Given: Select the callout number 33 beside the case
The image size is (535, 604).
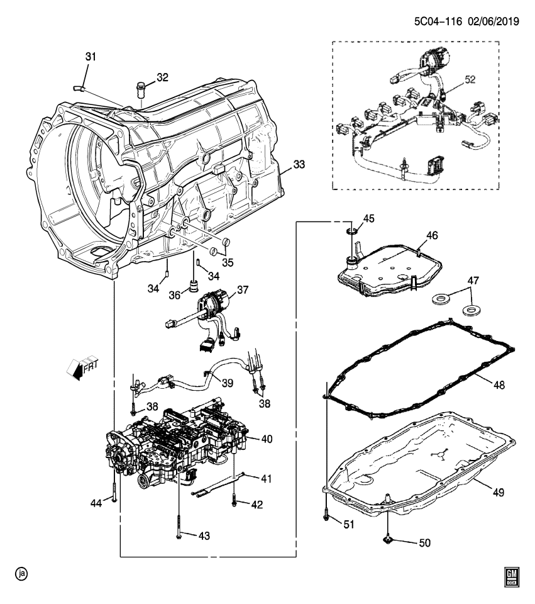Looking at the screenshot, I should coord(299,165).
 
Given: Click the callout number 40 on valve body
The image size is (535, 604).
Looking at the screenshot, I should coord(267,439).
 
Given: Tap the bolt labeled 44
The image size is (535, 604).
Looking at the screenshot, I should coord(113,494).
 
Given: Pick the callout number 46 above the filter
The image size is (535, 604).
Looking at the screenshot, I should coord(432,235).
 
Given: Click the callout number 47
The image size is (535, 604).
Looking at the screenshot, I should coord(473,280).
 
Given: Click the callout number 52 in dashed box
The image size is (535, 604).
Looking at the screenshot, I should coord(471,80).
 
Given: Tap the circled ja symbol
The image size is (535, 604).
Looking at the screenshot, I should coord(22,574).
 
